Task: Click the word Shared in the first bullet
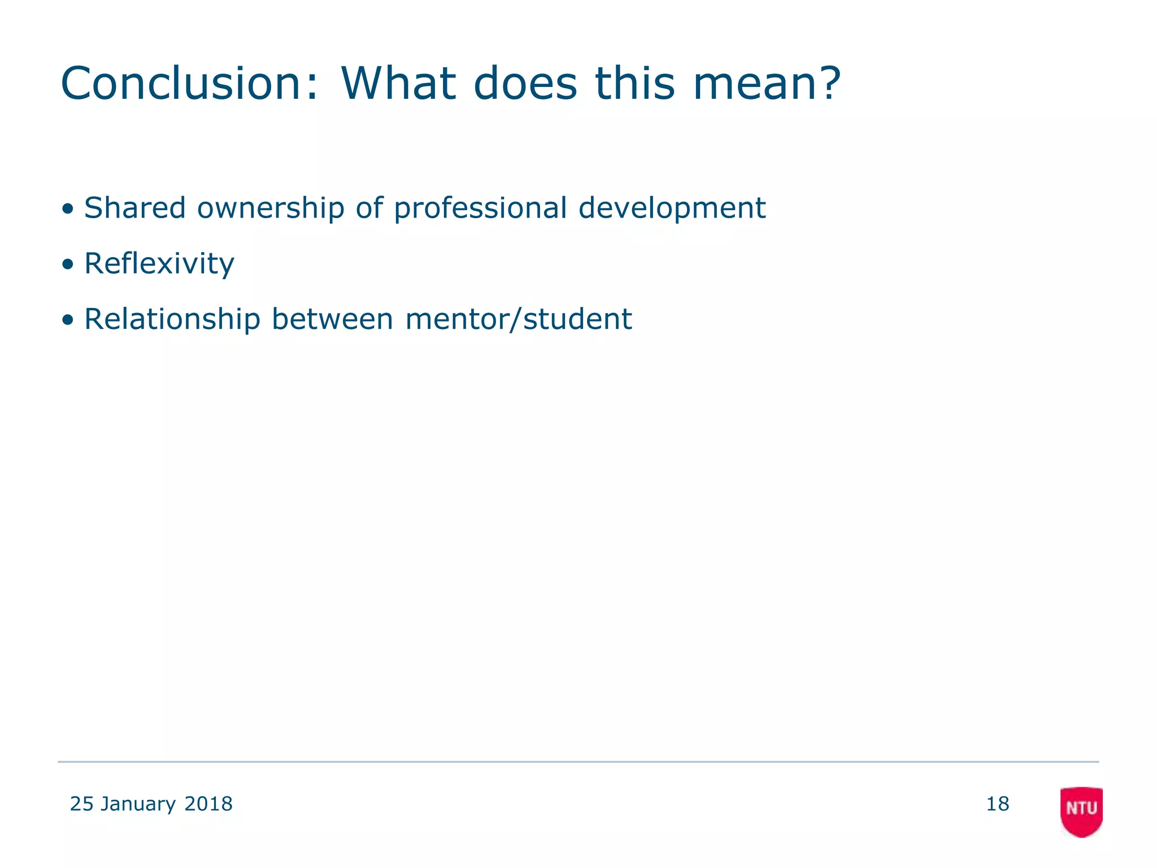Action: pyautogui.click(x=134, y=208)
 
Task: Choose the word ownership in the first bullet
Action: pyautogui.click(x=271, y=208)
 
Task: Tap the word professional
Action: pyautogui.click(x=480, y=209)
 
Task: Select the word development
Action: pyautogui.click(x=672, y=209)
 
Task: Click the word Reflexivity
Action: pyautogui.click(x=159, y=264)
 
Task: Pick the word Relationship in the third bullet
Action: pyautogui.click(x=172, y=319)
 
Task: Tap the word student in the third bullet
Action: pyautogui.click(x=577, y=319)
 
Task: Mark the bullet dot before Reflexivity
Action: pyautogui.click(x=68, y=264)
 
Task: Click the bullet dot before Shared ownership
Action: pyautogui.click(x=68, y=209)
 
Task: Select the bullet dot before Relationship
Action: pyautogui.click(x=68, y=320)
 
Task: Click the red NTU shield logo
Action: pyautogui.click(x=1081, y=811)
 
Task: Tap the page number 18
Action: pyautogui.click(x=997, y=804)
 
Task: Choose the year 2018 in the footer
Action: pyautogui.click(x=208, y=804)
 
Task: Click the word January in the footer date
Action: pyautogui.click(x=138, y=804)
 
